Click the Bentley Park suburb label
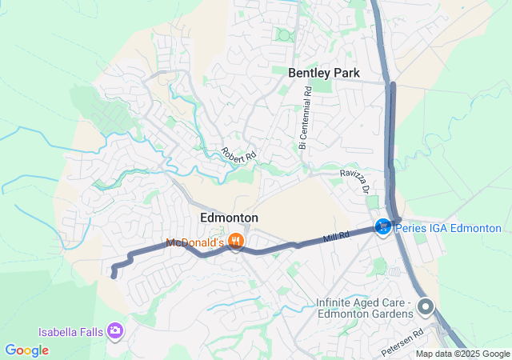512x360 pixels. tap(324, 73)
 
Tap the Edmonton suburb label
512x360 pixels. tap(228, 218)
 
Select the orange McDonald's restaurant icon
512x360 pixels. tap(235, 241)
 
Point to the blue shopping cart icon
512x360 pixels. tap(383, 228)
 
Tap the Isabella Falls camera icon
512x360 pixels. tap(116, 330)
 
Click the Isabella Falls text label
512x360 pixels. tap(71, 331)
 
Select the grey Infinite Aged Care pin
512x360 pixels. tap(426, 307)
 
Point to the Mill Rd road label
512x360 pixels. tap(337, 237)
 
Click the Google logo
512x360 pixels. tap(26, 350)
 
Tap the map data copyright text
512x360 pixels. tap(462, 354)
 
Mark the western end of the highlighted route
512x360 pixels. tap(113, 276)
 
